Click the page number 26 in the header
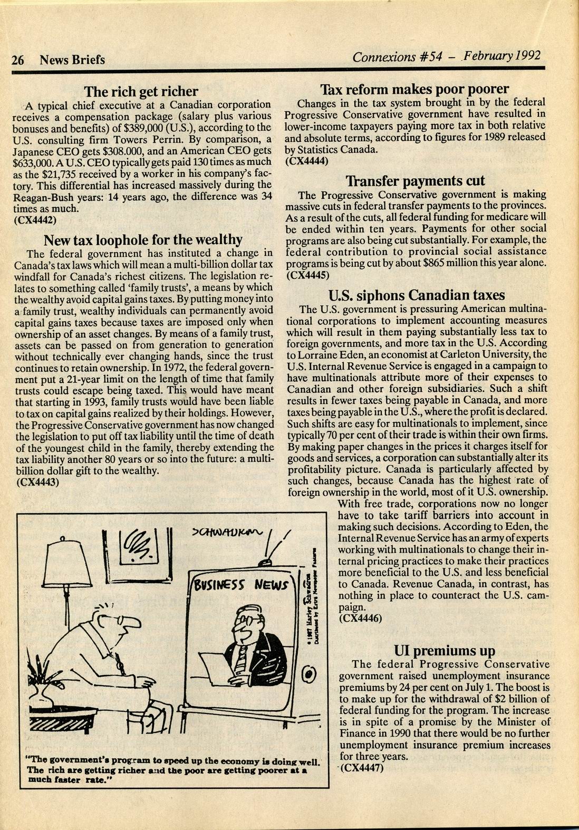click(18, 60)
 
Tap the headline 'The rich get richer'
click(142, 91)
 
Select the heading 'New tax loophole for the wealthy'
click(142, 240)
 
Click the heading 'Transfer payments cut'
click(414, 181)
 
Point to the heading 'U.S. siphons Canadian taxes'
click(416, 294)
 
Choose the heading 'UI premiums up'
click(445, 651)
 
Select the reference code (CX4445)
click(308, 275)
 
